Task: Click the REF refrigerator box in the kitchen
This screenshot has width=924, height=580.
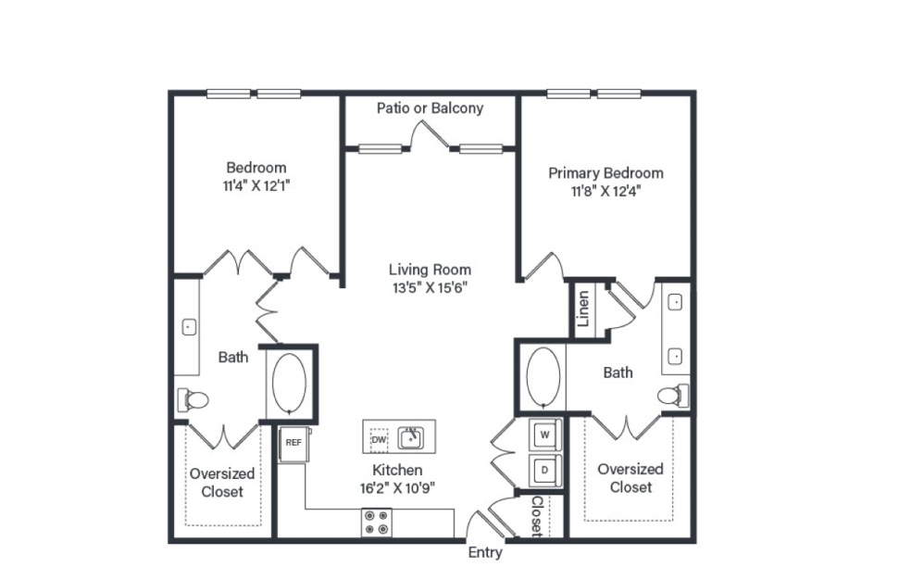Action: (293, 442)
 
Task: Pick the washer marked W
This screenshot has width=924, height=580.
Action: (544, 435)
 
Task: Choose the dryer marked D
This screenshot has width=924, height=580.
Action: (544, 469)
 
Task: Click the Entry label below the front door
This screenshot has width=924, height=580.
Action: (484, 553)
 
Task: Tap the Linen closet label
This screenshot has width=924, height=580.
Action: (583, 309)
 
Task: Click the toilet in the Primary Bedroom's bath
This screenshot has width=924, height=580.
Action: (673, 396)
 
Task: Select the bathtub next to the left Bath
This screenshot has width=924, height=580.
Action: (290, 382)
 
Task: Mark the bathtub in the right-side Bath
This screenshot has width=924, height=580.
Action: (542, 376)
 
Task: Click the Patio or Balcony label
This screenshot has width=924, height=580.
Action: (430, 108)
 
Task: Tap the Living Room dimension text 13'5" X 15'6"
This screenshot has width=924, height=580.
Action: (430, 286)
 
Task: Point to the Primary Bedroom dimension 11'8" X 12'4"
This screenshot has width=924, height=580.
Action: (606, 191)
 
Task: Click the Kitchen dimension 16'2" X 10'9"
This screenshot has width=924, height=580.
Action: (397, 487)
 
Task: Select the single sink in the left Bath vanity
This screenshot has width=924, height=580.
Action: (188, 327)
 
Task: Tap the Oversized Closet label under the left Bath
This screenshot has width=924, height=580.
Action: (222, 482)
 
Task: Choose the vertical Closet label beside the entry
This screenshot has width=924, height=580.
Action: (536, 515)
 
